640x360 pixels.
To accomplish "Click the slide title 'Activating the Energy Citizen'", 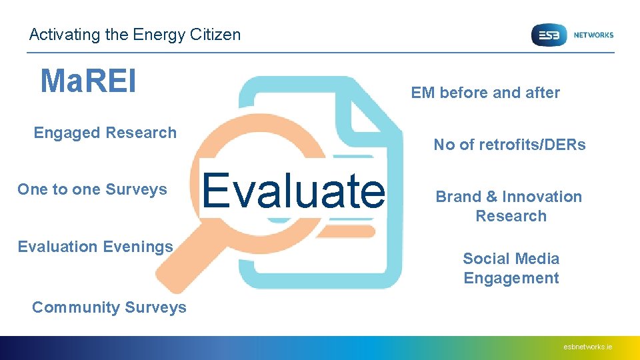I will (135, 35).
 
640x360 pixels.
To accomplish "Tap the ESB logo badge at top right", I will (548, 35).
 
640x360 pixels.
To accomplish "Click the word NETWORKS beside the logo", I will (593, 35).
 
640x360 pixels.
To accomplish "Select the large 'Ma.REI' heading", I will (88, 81).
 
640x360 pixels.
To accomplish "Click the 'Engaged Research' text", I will (105, 133).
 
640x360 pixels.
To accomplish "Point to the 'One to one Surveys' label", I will (92, 189).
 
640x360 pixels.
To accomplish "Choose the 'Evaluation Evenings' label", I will (95, 247).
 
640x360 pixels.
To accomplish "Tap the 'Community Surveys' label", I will (109, 307).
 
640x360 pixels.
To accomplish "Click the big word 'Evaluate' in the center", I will (293, 190).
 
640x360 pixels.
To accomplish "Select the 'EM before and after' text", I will (485, 93).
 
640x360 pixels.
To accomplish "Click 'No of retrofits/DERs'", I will (509, 145).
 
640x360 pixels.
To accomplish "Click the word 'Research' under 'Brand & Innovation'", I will (511, 216).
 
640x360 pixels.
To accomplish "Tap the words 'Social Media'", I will (511, 259).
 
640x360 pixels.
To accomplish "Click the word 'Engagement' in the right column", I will (511, 278).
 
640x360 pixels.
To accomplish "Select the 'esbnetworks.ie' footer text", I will (587, 347).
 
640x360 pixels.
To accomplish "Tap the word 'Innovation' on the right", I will (541, 197).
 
